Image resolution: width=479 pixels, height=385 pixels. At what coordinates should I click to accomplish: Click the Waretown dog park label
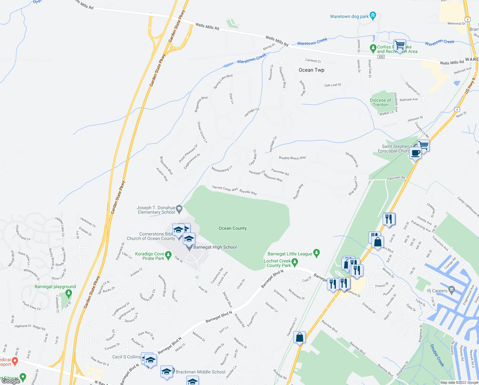349,16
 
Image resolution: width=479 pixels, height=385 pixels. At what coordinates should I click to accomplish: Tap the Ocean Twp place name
311,70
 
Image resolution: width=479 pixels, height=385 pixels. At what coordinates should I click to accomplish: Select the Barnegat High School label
215,247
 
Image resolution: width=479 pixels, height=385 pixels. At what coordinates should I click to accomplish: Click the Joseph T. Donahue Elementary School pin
179,209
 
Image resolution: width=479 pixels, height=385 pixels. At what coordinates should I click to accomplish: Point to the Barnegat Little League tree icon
316,253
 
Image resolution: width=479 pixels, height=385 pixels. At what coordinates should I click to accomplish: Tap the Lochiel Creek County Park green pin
295,263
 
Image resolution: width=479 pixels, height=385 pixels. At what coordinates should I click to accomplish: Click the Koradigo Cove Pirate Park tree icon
168,256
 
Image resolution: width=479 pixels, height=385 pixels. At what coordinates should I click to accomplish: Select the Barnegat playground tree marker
68,293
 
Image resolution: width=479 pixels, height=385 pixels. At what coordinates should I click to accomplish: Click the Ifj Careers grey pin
452,290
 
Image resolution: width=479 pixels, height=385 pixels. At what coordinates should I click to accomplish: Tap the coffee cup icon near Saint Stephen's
416,153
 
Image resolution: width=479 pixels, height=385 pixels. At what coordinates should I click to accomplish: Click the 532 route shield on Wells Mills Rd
381,57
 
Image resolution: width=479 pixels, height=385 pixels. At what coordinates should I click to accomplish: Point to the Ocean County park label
232,228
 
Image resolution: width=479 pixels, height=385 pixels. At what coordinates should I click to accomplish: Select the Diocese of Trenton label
380,102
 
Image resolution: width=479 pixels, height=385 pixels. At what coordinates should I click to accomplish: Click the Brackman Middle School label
200,372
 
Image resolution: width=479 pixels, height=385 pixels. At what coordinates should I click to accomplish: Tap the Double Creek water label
437,355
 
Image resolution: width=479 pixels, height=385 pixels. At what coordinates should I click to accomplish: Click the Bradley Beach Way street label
292,158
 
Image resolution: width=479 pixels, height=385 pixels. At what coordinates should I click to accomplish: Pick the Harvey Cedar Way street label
225,189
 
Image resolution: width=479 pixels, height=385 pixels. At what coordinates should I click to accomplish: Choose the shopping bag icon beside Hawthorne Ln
299,338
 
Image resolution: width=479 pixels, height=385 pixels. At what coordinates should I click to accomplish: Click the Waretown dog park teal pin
373,16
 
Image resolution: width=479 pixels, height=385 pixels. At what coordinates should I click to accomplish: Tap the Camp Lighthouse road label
468,207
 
